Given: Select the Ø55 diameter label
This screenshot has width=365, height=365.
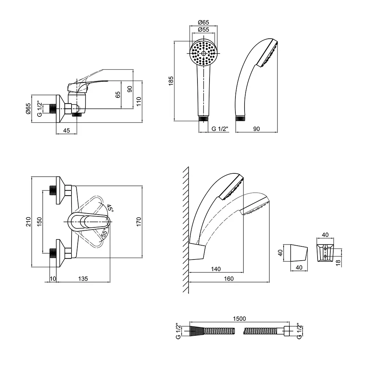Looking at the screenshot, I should [x=203, y=30].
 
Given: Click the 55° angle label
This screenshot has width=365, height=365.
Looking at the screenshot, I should [x=104, y=234].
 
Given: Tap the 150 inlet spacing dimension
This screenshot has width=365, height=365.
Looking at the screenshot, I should [x=40, y=222].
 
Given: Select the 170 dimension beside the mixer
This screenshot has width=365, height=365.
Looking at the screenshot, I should [x=138, y=222].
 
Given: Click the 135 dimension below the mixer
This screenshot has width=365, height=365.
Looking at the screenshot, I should [x=83, y=279].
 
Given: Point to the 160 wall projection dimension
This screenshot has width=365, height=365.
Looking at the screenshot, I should [x=228, y=279].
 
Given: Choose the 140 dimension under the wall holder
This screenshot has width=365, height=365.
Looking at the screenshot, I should [x=216, y=269].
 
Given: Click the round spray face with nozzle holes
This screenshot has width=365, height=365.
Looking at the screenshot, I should [x=203, y=53].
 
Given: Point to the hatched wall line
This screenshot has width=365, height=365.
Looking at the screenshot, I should [x=185, y=230].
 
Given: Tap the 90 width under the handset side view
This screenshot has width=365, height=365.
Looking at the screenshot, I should [x=256, y=128].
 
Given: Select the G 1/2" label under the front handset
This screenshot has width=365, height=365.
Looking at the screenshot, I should [x=220, y=128].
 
